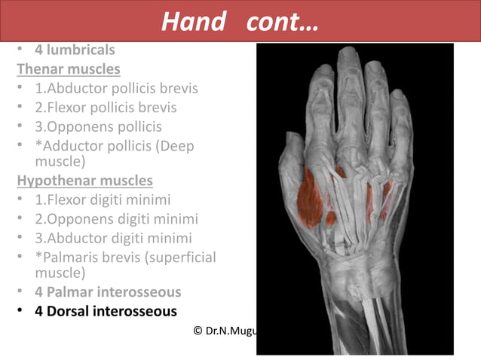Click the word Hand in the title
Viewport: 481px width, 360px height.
(193, 22)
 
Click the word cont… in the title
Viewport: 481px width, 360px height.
(282, 22)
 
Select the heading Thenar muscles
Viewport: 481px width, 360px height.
(69, 69)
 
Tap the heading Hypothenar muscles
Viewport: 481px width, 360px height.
(84, 181)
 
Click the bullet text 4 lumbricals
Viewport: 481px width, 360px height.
(75, 50)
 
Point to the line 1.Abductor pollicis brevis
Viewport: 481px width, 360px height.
(116, 88)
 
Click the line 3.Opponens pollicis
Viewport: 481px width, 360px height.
(98, 126)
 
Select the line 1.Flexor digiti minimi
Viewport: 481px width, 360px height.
(103, 200)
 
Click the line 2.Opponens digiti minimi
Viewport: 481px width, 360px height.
(116, 218)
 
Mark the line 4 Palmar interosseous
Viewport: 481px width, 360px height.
(108, 291)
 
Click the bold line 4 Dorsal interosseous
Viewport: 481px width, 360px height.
(106, 310)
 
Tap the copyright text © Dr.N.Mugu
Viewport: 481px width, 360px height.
(225, 330)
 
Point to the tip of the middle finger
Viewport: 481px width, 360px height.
(349, 54)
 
